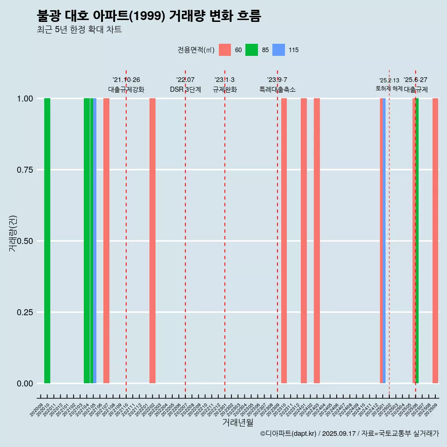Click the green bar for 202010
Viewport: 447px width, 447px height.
coord(47,241)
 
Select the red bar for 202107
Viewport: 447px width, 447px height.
coord(106,241)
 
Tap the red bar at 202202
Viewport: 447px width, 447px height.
coord(152,241)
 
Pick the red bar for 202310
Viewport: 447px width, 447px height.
coord(284,241)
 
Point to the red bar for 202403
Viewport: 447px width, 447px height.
coord(317,241)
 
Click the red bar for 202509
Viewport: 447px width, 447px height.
coord(435,241)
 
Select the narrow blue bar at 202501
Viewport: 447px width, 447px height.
coord(384,241)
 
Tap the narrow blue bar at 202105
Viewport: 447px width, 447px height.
coord(95,241)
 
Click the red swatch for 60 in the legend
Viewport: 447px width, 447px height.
coord(225,50)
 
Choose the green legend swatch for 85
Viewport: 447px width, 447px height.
coord(252,50)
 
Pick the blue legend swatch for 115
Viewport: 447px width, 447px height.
coord(278,50)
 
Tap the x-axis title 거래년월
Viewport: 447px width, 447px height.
coord(237,422)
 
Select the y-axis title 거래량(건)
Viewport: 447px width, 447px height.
coord(13,233)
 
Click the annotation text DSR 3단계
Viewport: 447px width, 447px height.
coord(185,89)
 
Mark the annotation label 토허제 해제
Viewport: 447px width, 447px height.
coord(389,88)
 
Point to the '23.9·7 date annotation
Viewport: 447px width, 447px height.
coord(277,80)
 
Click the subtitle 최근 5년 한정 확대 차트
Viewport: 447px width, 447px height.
coord(79,30)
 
